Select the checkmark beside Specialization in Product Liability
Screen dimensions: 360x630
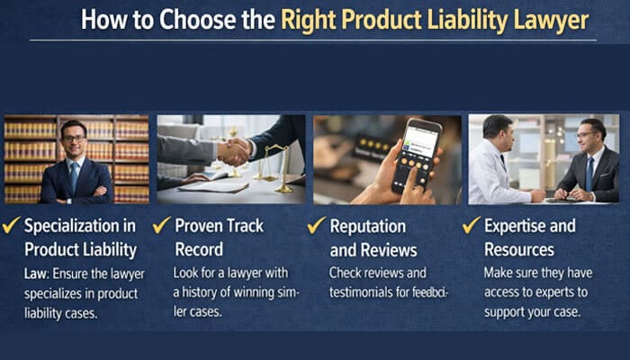(x=12, y=226)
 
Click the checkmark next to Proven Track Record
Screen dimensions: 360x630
(x=163, y=226)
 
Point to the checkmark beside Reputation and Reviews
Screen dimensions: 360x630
(x=317, y=226)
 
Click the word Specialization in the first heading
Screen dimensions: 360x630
(x=80, y=226)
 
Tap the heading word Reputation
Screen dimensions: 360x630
(x=367, y=226)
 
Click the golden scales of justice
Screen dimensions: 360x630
(x=274, y=162)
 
